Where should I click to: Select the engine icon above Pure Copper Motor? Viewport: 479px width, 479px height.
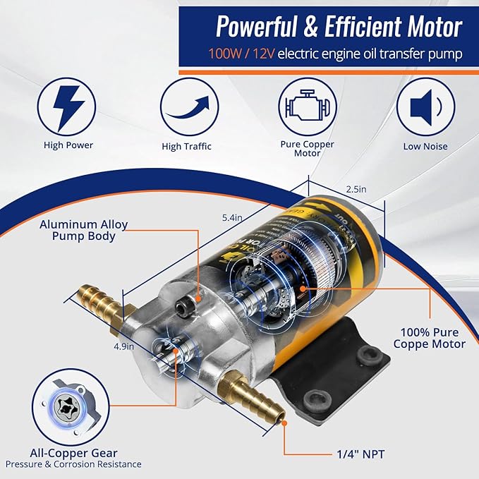click(306, 107)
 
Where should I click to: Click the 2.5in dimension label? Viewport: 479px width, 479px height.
click(356, 189)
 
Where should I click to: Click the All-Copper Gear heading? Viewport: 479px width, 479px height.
click(73, 452)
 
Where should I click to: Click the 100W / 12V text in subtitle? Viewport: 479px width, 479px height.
click(248, 54)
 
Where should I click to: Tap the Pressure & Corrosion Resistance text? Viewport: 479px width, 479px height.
click(73, 464)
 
